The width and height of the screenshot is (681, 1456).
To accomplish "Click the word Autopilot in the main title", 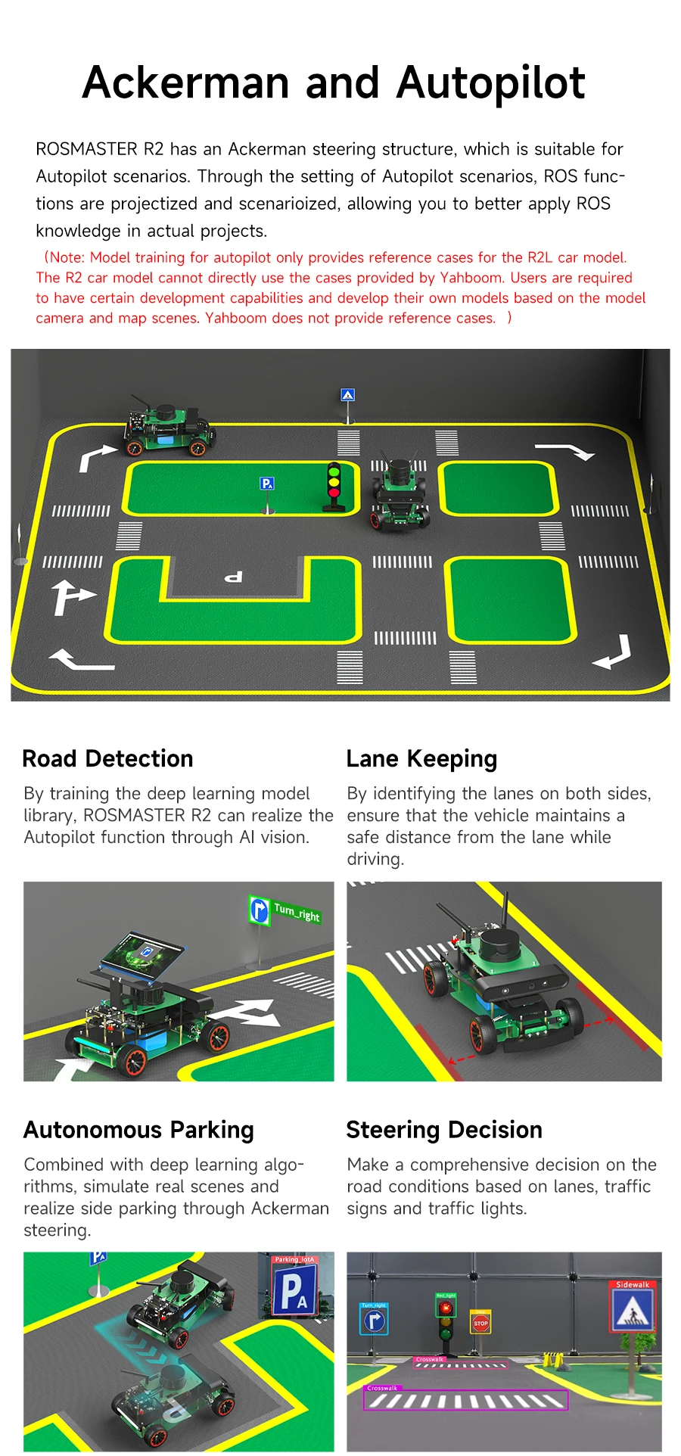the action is pos(490,83).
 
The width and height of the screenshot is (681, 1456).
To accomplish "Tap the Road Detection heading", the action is pos(107,759).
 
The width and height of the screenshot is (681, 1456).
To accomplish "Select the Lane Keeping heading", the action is pos(421,759).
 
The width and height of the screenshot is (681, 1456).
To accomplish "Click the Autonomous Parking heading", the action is pos(138,1130).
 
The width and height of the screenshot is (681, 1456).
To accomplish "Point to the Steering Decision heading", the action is pos(444,1130).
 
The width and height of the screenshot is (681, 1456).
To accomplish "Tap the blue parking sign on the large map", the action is pos(266,484).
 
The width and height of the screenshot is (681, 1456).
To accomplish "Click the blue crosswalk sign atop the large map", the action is pos(347,395).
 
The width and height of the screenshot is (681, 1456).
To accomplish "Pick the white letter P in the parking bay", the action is pos(233,577).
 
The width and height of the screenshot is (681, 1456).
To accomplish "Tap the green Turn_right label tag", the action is pos(297,912).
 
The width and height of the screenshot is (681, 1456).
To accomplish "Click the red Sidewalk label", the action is pos(633,1284).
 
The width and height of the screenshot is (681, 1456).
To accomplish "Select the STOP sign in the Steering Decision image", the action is pos(480,1324).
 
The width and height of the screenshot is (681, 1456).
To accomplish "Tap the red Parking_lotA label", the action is pos(294,1260).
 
